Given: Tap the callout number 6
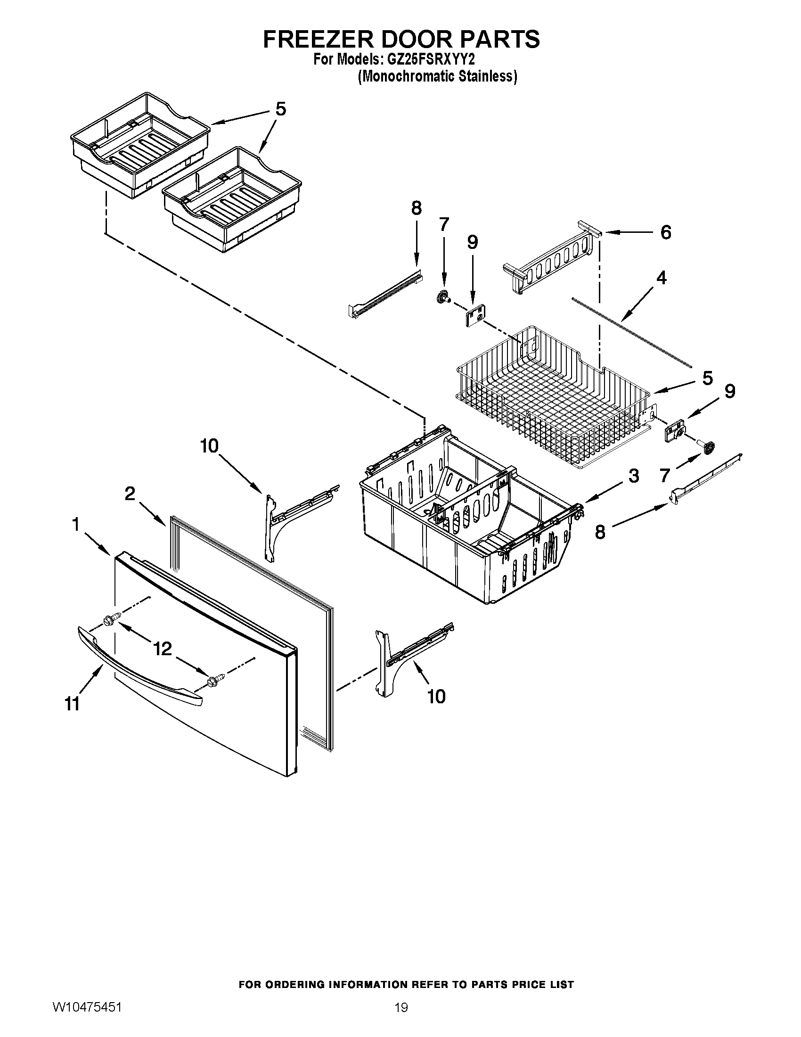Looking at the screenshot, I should [x=666, y=232].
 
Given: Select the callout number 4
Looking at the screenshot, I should [x=661, y=278].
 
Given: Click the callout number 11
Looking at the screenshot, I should [x=72, y=704].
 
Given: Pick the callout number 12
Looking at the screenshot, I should [x=162, y=649].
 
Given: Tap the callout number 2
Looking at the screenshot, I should [x=130, y=494].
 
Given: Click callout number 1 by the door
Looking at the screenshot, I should [x=75, y=524].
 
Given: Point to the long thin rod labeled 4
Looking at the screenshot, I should [x=631, y=332].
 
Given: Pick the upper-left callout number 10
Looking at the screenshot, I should [x=209, y=446].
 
